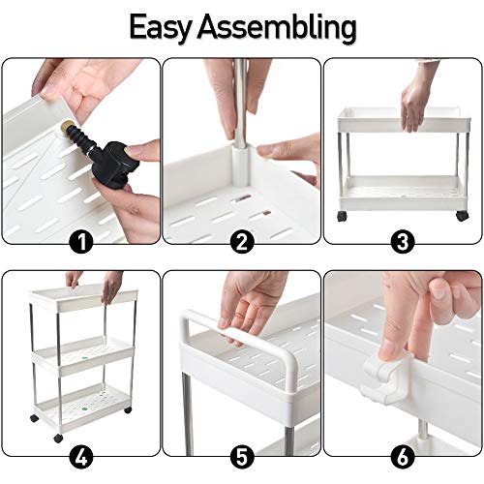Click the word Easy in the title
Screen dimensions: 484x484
coord(172,25)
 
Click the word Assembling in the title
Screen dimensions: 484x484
coord(286,27)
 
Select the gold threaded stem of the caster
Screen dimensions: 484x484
coord(70,128)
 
